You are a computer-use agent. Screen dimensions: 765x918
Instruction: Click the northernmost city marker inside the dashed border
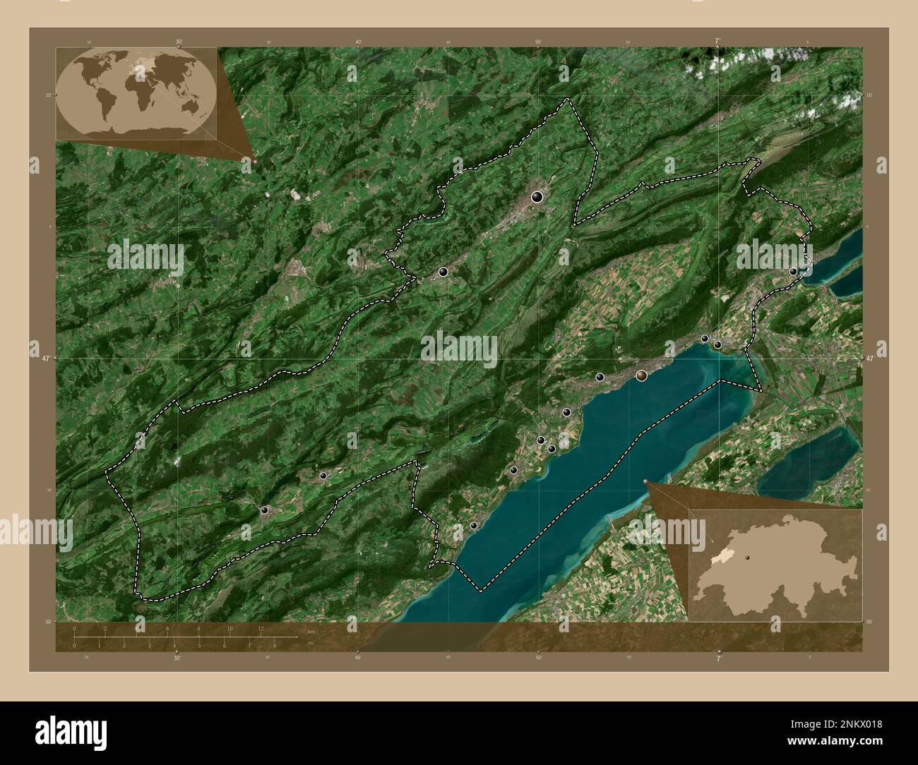coord(537,197)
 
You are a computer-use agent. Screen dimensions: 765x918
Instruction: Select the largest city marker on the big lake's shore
coord(641,375)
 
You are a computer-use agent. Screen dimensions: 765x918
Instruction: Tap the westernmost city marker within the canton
coord(264,510)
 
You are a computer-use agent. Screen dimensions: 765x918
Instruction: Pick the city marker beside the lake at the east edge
coord(793,271)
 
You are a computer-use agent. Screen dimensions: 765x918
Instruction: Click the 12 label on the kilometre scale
coord(262,628)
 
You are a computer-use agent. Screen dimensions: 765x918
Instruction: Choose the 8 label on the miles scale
coord(274,645)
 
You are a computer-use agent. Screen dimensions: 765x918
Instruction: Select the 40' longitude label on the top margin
coord(359,42)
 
